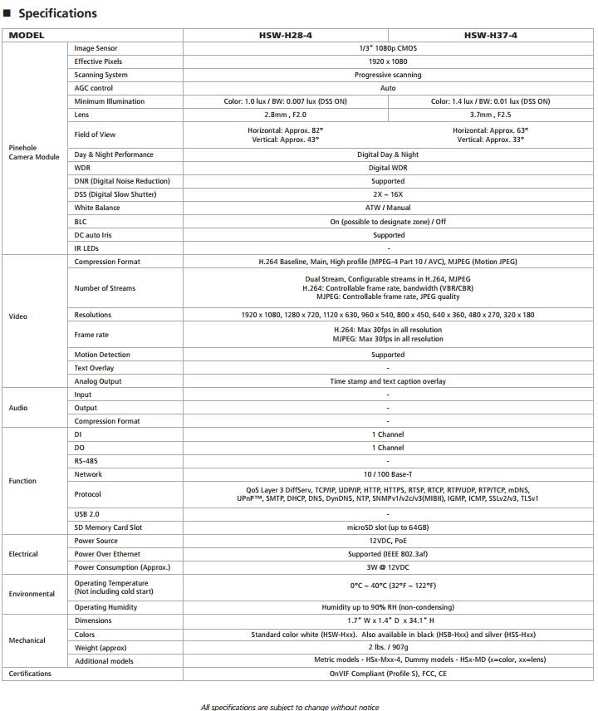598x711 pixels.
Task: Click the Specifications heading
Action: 57,13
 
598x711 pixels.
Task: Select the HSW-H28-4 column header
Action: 286,36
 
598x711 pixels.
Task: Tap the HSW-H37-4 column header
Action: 490,36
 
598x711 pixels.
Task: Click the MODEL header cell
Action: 27,36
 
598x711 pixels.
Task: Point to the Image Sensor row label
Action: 96,48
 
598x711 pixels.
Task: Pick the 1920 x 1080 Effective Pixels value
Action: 388,61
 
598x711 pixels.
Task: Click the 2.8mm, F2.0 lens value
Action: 285,115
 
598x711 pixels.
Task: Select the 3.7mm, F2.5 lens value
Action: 490,115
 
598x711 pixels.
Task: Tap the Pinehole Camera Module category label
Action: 34,152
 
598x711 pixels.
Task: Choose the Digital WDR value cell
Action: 388,168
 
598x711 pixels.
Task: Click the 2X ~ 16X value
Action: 388,194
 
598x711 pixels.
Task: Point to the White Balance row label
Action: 97,208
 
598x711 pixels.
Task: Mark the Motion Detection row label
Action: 102,355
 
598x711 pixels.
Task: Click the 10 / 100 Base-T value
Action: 388,474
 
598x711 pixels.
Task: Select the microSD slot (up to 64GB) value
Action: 388,527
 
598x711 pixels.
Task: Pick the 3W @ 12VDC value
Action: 388,567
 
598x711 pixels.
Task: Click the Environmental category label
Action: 32,594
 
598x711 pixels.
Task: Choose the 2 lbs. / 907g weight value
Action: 388,647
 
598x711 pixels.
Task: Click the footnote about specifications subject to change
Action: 290,707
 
